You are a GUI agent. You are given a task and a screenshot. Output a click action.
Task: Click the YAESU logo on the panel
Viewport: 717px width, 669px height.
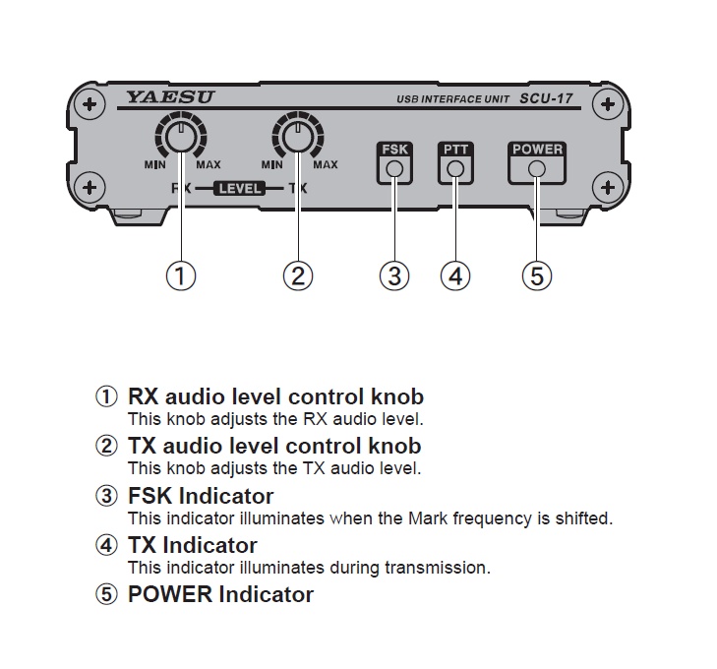169,97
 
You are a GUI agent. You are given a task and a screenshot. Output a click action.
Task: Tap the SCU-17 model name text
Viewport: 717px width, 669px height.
559,99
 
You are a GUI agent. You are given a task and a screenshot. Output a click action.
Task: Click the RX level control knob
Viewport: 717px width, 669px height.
180,139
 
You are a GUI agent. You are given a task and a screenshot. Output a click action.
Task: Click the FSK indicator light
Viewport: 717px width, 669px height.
394,169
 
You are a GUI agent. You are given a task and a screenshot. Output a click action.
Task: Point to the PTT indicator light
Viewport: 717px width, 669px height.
455,169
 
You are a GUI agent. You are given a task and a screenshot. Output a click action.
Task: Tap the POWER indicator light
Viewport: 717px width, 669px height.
537,169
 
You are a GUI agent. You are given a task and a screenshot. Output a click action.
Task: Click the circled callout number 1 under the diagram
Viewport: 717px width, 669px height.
180,276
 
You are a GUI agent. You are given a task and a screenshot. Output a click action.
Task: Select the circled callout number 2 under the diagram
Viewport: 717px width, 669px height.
297,276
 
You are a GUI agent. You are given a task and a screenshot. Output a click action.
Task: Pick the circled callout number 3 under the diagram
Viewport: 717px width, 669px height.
394,276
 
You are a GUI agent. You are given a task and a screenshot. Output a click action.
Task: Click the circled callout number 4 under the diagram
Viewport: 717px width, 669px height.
455,276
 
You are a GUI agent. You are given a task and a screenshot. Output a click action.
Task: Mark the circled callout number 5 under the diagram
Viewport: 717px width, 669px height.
537,276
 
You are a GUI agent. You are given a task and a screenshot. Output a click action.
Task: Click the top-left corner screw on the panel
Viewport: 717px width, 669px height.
90,103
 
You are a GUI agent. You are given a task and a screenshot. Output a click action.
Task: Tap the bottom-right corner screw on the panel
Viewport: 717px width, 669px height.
609,186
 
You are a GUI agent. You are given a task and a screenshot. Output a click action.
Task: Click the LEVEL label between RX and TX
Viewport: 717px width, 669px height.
239,187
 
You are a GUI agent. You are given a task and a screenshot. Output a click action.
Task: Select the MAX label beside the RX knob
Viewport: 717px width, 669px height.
208,165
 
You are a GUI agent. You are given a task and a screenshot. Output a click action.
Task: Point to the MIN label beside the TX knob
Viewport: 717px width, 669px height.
271,165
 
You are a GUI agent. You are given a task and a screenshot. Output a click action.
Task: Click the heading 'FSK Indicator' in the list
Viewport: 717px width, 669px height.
201,496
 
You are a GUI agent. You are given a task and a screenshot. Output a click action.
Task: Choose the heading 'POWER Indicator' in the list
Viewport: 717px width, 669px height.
220,594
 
